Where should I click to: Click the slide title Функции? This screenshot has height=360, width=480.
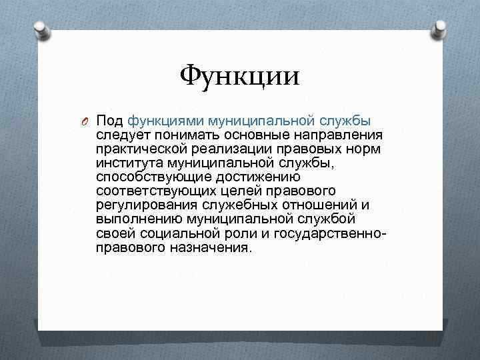click(239, 75)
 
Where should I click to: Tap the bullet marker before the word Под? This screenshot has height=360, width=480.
click(85, 121)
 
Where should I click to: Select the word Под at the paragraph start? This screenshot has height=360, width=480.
click(110, 121)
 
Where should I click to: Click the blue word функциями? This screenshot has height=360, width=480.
click(165, 121)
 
